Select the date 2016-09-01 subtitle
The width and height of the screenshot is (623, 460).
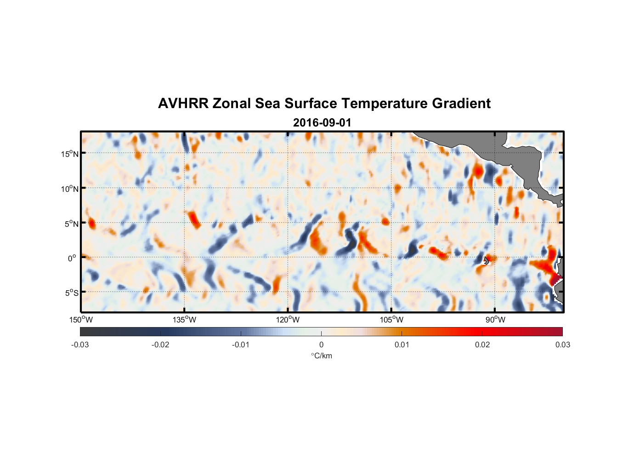(322, 123)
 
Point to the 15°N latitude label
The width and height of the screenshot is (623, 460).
(70, 154)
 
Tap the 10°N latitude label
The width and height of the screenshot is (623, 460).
(70, 189)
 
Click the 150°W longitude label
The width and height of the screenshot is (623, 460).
(81, 320)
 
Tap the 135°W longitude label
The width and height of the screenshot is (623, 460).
(185, 320)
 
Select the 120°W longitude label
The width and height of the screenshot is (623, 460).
(288, 320)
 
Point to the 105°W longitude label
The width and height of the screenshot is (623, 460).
(391, 320)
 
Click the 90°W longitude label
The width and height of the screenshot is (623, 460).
(495, 320)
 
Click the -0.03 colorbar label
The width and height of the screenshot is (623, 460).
(80, 345)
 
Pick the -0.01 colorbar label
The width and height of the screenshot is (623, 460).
(241, 345)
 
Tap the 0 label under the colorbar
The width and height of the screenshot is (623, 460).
(321, 345)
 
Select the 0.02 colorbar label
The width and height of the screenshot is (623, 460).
(482, 345)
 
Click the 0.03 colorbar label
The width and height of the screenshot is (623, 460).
(562, 345)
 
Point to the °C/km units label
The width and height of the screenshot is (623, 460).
(322, 356)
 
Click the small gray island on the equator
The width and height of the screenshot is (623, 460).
(486, 260)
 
